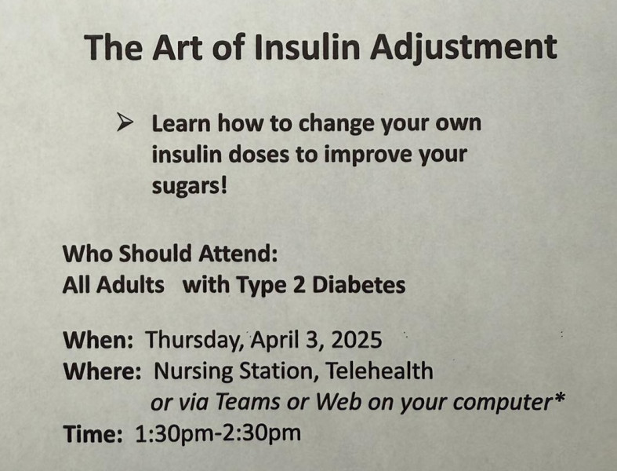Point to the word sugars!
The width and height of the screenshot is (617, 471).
point(190,185)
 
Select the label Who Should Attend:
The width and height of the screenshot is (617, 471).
point(170,254)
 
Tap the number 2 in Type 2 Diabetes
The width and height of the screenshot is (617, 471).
point(299,285)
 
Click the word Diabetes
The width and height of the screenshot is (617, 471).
point(358,285)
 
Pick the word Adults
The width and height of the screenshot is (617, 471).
point(130,285)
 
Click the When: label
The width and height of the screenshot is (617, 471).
point(98,340)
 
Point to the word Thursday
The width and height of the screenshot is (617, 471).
point(194,341)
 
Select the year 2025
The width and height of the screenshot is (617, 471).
point(357,340)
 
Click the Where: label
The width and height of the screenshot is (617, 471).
point(102,371)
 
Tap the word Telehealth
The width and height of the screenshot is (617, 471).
point(379,371)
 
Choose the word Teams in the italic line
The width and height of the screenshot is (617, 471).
point(248,402)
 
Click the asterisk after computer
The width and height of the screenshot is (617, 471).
point(559,397)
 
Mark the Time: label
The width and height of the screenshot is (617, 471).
point(93,433)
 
